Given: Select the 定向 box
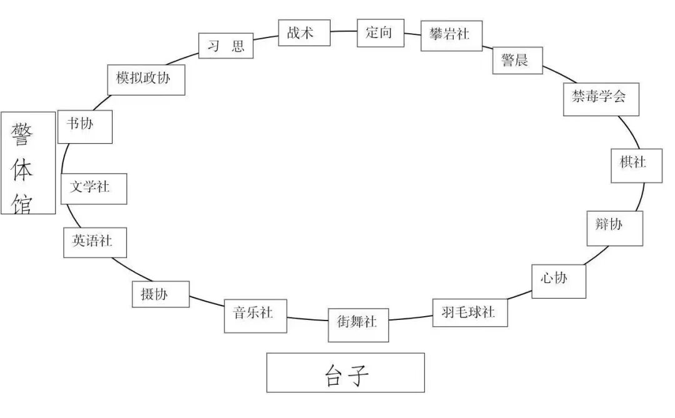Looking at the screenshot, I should (380, 32).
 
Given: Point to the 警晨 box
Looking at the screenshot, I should (517, 61).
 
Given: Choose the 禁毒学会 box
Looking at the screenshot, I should (601, 97).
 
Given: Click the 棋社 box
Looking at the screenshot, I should (636, 164).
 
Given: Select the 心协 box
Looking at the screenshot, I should (558, 281).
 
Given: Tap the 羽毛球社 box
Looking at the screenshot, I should (469, 312).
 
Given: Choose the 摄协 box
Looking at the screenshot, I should (160, 294).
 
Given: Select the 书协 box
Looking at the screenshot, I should (85, 127).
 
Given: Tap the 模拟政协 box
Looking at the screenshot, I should (146, 79).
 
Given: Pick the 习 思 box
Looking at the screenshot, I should (226, 46).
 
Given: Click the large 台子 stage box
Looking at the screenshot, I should (345, 372).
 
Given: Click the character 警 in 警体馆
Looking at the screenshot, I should (24, 133).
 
